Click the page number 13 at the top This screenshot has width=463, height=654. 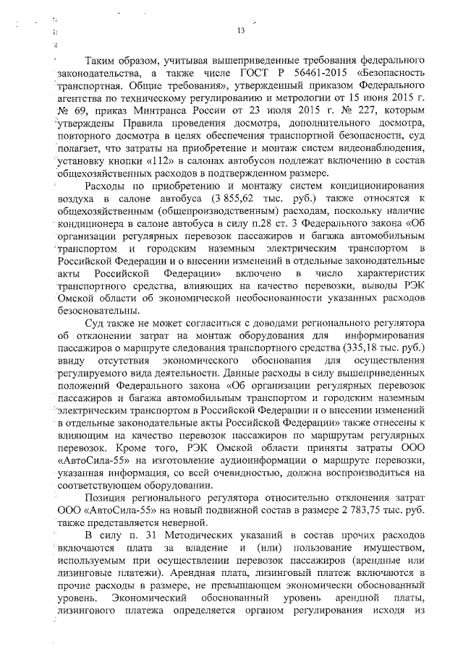click(x=242, y=30)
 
